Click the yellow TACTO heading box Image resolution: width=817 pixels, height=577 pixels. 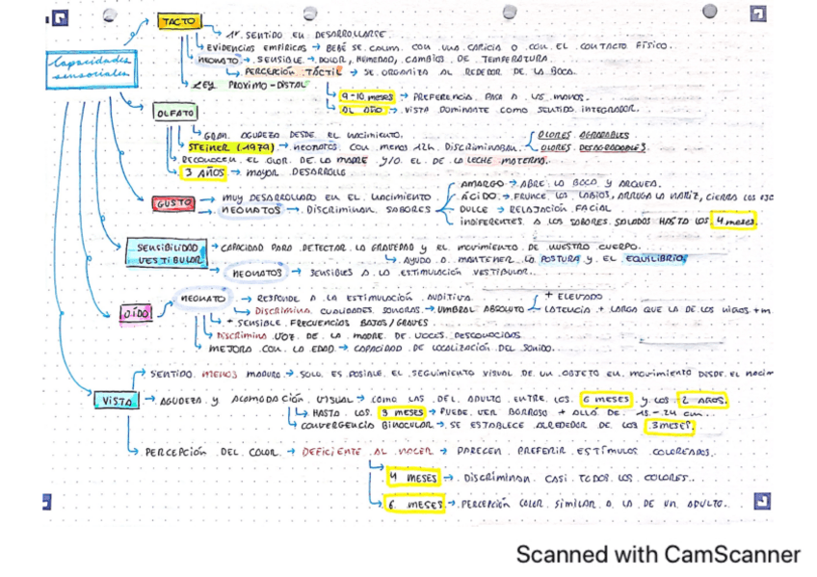[x=177, y=21]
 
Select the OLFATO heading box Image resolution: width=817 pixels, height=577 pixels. [x=174, y=113]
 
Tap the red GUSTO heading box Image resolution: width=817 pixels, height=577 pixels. [x=173, y=203]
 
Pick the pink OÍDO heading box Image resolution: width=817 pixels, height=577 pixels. [x=133, y=314]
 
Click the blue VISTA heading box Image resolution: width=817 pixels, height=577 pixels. [x=116, y=401]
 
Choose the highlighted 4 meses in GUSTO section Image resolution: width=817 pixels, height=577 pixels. [x=737, y=222]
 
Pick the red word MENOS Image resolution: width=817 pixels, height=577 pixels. [x=221, y=373]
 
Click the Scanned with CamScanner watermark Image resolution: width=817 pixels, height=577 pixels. [x=657, y=555]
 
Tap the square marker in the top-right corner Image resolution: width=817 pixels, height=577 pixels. [x=759, y=14]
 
